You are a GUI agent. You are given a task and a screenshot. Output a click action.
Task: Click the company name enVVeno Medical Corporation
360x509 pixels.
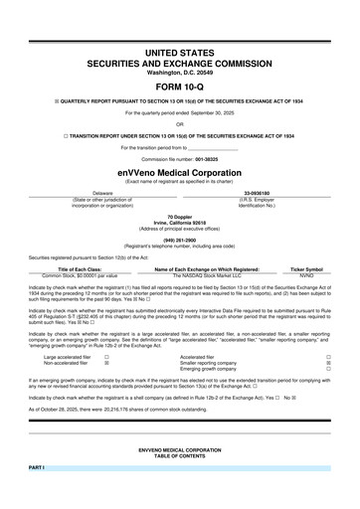tap(180, 171)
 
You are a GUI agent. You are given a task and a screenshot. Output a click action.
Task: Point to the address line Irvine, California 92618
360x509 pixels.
tap(180, 222)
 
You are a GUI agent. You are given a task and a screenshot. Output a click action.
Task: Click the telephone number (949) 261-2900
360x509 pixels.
tap(180, 239)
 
